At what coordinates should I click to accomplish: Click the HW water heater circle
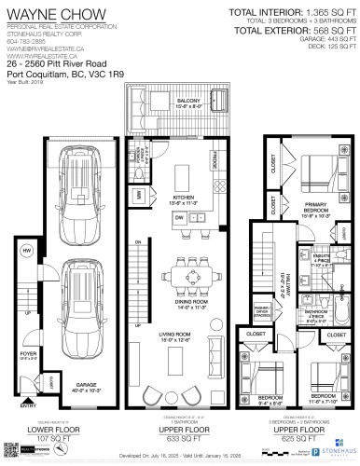27,252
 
